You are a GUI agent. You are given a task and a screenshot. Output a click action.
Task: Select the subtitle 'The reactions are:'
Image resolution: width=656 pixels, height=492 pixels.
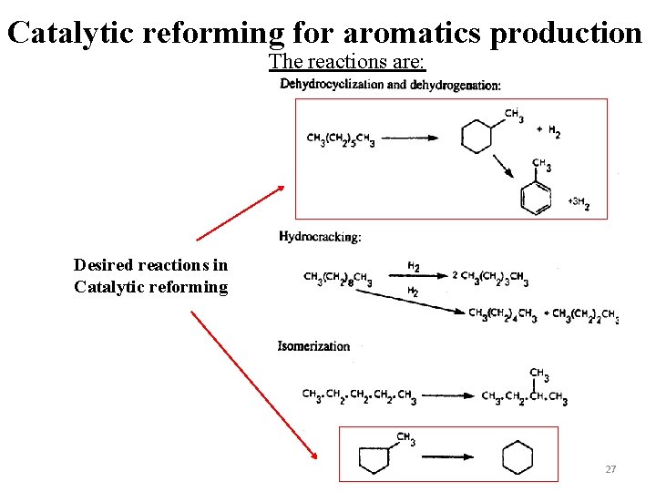click(x=347, y=62)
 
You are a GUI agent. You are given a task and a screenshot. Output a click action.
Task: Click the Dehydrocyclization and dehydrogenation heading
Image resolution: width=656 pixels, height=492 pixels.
click(x=390, y=85)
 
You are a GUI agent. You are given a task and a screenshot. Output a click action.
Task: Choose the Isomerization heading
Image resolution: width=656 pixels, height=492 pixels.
click(x=313, y=346)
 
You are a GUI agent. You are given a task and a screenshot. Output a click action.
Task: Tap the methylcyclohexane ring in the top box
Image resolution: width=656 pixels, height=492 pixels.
click(x=477, y=138)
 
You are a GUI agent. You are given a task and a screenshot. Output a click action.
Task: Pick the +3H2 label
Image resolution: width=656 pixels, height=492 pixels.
click(x=579, y=203)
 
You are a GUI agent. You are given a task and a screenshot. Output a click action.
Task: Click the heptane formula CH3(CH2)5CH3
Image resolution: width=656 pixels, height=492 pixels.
click(x=341, y=139)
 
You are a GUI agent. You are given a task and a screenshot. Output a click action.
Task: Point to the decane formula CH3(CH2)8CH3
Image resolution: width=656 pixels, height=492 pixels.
click(x=337, y=278)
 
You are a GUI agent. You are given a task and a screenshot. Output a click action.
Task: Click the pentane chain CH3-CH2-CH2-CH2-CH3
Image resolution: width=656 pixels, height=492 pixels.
click(x=359, y=396)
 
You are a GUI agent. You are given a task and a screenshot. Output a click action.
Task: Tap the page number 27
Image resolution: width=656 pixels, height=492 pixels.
click(x=610, y=469)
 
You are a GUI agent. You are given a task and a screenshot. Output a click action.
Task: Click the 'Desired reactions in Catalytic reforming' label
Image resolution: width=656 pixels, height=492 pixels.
click(x=151, y=276)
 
